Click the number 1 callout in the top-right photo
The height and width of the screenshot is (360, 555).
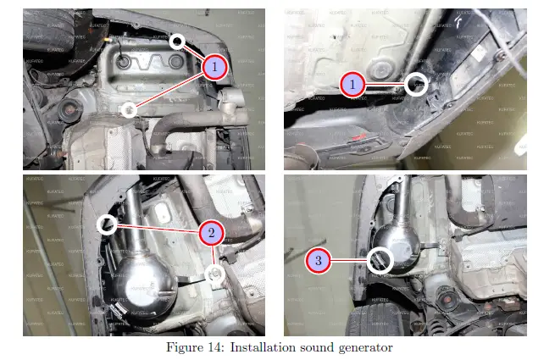(x=352, y=83)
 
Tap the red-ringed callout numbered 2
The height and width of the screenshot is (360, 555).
(x=211, y=232)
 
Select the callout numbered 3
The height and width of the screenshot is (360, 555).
(x=318, y=261)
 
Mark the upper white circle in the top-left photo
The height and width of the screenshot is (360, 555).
(x=176, y=41)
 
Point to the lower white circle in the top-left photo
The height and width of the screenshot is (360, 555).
(x=129, y=108)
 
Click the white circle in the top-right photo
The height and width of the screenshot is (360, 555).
(x=416, y=83)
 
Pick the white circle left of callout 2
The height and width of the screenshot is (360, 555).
(x=107, y=224)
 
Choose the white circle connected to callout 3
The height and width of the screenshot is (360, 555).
(x=380, y=259)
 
